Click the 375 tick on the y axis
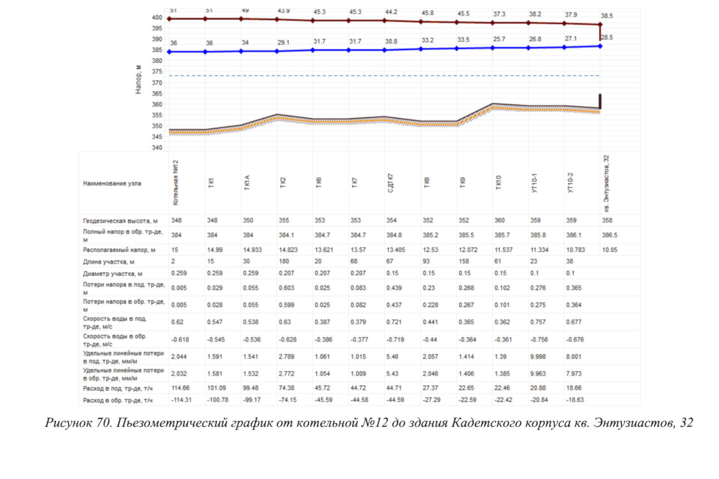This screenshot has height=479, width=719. point(157,71)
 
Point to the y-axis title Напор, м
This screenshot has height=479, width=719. point(139,80)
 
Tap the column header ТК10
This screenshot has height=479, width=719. point(499,182)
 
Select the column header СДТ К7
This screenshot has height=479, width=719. point(390,183)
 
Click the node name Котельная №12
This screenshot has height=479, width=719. point(175,182)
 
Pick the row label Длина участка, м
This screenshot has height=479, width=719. point(108,262)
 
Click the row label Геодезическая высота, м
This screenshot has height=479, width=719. point(120,221)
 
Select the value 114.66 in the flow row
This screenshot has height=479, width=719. point(180,388)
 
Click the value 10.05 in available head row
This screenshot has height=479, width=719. point(609,250)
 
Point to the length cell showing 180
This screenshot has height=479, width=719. point(284,262)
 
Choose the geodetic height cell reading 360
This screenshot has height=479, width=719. point(499,220)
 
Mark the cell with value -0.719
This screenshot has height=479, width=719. point(395,340)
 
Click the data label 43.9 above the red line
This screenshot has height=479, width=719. point(283,11)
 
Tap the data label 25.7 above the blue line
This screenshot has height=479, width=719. point(499,39)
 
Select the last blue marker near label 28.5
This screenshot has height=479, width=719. point(600,46)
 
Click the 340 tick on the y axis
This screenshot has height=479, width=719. point(157,148)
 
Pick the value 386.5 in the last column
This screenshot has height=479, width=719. point(609,235)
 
